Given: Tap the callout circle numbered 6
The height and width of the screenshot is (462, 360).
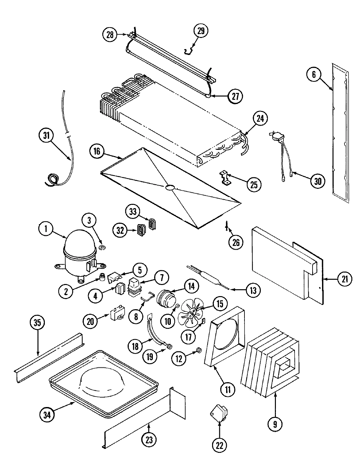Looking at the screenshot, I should (x=314, y=75).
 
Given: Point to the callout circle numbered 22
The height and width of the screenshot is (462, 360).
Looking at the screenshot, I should (x=219, y=445).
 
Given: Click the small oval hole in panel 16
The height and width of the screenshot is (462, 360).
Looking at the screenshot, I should (x=170, y=187).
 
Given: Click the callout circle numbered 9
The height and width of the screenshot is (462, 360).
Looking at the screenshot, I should (x=275, y=424).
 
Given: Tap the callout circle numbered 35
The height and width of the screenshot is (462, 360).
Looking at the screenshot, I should (x=38, y=323).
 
